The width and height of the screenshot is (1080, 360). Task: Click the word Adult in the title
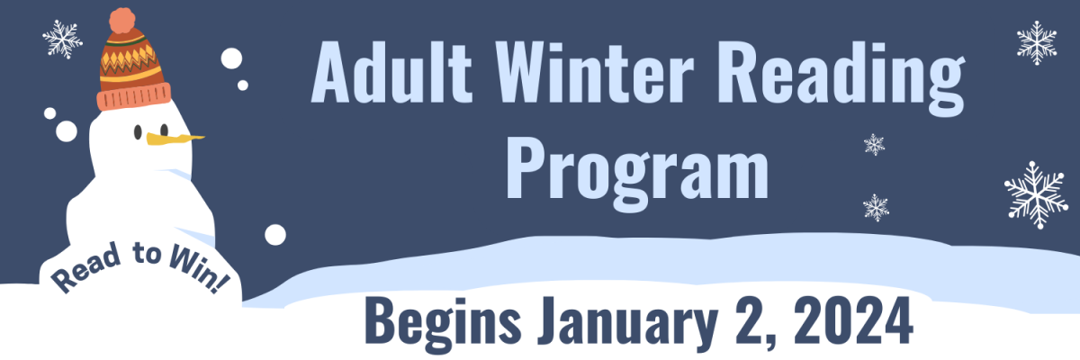(391, 71)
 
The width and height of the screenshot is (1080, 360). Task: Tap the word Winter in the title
(594, 72)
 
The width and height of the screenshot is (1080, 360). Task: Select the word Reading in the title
(841, 78)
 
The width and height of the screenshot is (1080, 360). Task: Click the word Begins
(443, 323)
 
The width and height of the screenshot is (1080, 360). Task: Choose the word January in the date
(626, 323)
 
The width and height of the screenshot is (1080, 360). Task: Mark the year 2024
(853, 319)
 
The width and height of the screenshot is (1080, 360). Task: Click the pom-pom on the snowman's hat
(122, 20)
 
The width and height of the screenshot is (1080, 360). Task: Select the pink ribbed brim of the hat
(133, 96)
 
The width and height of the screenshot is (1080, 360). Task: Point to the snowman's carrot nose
(175, 139)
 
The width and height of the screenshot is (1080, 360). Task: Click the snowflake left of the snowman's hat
(62, 39)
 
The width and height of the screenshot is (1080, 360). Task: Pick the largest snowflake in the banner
(1036, 194)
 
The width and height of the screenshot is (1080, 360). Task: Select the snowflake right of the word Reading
(1036, 42)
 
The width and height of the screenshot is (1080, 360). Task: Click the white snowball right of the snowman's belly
(275, 235)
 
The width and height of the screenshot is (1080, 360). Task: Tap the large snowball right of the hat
(231, 58)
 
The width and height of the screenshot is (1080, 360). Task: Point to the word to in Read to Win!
(147, 254)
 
